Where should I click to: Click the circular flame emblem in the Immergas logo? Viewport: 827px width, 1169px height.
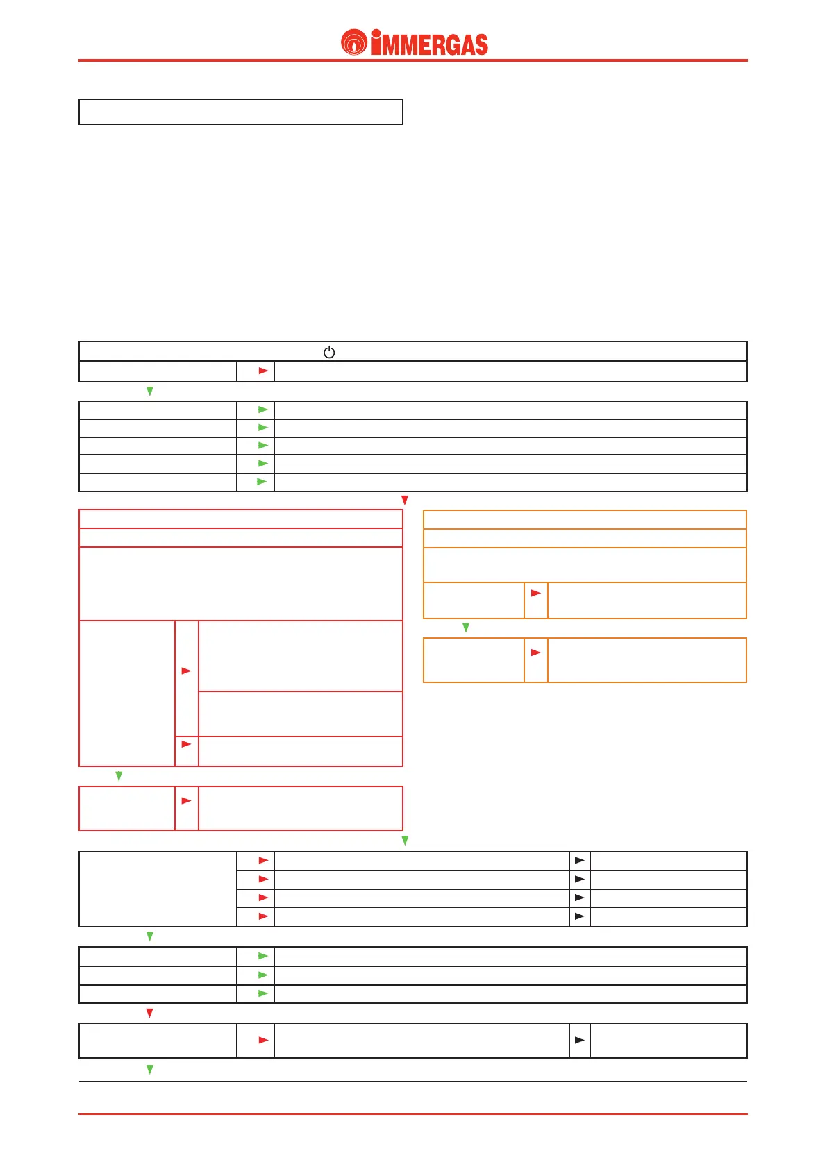click(x=354, y=43)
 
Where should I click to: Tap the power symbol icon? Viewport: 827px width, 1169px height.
click(x=329, y=352)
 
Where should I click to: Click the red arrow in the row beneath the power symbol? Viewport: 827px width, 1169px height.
click(x=263, y=371)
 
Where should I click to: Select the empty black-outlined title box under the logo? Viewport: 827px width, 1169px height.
click(x=240, y=112)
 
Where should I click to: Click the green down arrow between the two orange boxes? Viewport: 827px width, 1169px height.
click(x=466, y=628)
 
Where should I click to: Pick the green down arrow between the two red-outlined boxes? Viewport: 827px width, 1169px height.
click(x=119, y=776)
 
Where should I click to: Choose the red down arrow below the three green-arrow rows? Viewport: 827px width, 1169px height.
click(x=149, y=1014)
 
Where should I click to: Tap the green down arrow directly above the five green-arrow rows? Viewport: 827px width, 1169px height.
click(x=149, y=392)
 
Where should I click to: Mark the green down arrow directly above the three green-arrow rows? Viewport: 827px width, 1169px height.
click(x=149, y=936)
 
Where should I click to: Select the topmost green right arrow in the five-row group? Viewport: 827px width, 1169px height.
click(x=262, y=410)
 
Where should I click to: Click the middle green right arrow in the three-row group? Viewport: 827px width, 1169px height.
click(x=262, y=975)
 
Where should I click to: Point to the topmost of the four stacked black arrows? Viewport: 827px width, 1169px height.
click(x=579, y=861)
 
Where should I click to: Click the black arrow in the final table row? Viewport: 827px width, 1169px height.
click(x=579, y=1041)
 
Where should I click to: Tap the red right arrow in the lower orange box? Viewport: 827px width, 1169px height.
click(x=535, y=653)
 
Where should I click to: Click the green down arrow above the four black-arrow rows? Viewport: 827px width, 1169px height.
click(x=405, y=841)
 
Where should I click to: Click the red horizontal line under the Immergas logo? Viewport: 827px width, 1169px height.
click(x=412, y=61)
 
